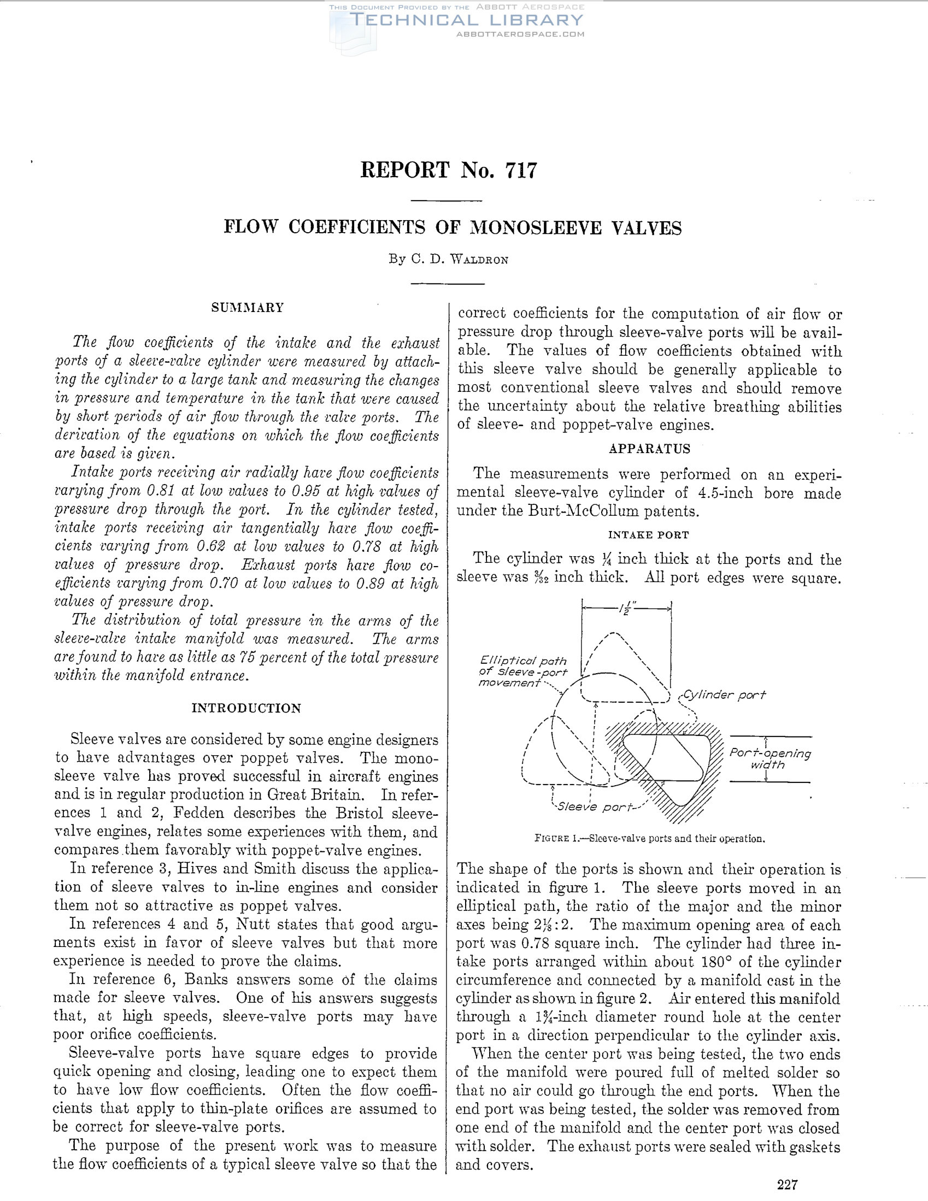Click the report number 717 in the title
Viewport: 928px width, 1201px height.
[519, 170]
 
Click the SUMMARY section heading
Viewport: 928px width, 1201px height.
[248, 308]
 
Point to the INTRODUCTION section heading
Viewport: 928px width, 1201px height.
[246, 708]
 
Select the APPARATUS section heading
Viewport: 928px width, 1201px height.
[649, 449]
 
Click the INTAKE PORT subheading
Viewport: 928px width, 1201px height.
[649, 534]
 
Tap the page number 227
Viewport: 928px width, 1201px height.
[787, 1184]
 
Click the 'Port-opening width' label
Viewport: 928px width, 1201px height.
[770, 759]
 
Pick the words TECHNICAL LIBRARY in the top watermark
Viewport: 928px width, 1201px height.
[467, 20]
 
